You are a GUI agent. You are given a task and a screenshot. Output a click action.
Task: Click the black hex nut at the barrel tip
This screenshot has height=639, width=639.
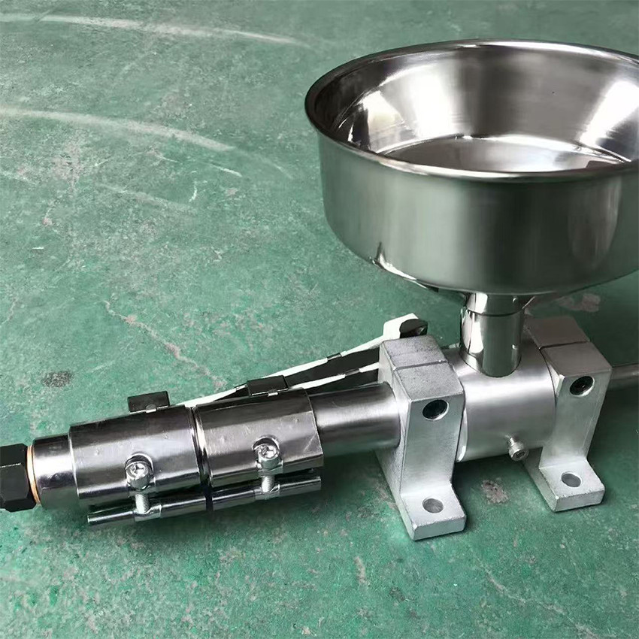(x=14, y=477)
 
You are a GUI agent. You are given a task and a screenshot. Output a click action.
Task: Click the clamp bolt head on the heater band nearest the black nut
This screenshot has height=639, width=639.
(x=139, y=471)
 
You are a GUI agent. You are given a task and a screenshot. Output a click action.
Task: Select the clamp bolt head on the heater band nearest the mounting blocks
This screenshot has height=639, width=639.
(x=267, y=453)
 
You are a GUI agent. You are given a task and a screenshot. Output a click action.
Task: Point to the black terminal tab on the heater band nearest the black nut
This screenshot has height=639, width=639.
(x=148, y=401)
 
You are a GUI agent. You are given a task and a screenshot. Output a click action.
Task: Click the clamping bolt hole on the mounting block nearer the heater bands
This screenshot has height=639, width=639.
(x=435, y=410)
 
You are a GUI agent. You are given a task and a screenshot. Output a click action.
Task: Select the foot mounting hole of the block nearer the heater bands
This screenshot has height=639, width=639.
(x=432, y=505)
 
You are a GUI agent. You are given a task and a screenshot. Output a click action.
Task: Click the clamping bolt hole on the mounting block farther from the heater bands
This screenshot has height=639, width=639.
(x=580, y=386)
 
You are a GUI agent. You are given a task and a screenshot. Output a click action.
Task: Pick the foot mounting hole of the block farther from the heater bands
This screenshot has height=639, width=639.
(x=571, y=480)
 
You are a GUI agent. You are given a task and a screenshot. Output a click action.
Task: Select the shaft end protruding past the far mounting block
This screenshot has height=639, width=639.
(x=624, y=376)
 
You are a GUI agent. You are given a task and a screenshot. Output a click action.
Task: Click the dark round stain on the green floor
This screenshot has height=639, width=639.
(x=57, y=379)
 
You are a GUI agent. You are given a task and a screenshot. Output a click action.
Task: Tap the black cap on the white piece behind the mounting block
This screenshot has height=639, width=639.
(x=413, y=327)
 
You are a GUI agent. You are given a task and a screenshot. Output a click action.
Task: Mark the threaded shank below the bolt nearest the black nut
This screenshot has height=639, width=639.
(x=141, y=500)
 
